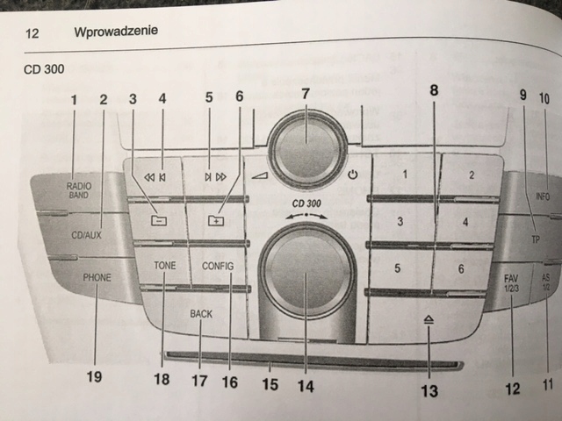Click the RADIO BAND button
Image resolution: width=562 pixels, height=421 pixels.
tap(77, 190)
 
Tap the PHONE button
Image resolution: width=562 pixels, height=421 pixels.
tap(97, 278)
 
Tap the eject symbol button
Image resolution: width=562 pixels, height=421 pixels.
tap(427, 323)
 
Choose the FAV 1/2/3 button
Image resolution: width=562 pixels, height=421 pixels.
tap(512, 283)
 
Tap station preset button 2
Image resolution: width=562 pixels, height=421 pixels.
tap(471, 175)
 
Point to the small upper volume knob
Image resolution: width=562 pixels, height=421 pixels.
tap(306, 141)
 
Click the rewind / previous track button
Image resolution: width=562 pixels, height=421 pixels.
tap(155, 176)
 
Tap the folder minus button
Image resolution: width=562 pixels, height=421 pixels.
tap(158, 221)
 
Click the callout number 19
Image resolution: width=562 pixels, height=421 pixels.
tap(94, 377)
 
